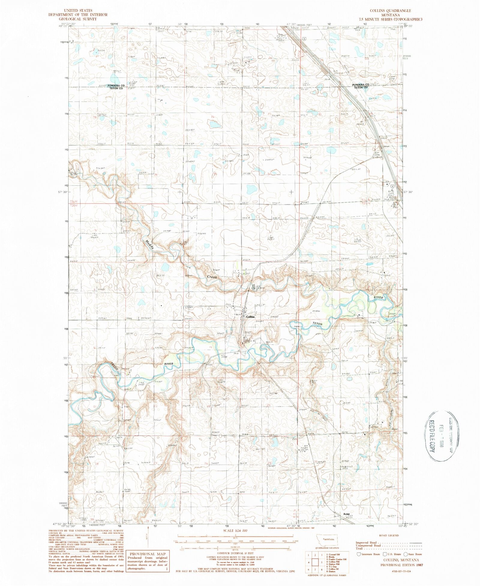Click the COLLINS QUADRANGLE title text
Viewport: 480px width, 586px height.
tap(390, 11)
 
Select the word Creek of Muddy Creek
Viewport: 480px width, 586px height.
tap(212, 277)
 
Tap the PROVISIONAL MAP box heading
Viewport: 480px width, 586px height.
tap(147, 554)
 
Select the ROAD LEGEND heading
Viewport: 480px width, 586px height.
tap(389, 535)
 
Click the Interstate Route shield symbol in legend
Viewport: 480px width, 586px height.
tap(358, 554)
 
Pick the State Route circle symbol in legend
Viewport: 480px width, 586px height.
tap(405, 554)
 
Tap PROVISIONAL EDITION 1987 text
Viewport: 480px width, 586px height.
tap(404, 565)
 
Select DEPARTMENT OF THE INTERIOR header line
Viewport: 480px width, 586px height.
tap(78, 14)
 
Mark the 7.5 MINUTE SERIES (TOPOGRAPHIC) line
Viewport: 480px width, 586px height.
tap(390, 19)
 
